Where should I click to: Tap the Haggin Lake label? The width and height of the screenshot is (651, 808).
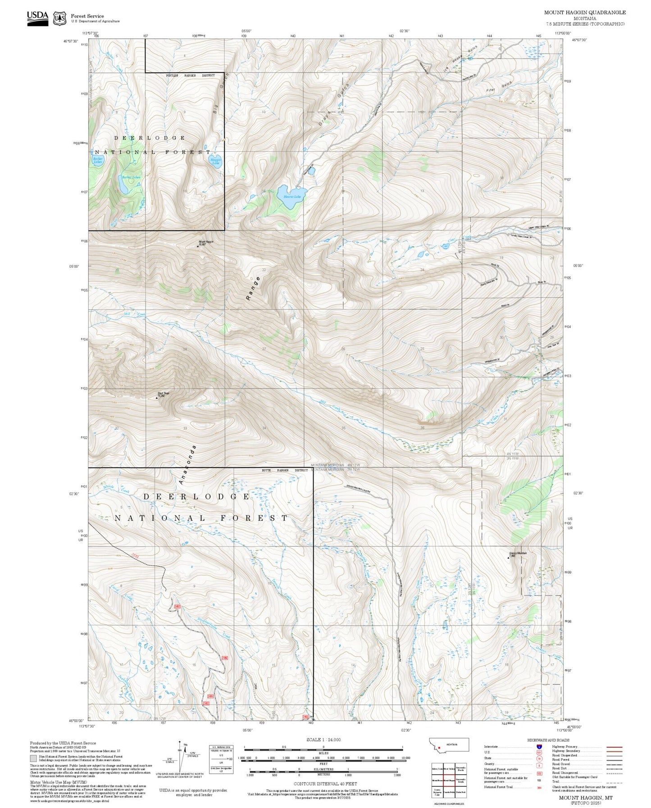coord(215,161)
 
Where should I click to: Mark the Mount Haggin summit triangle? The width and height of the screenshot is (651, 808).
coord(197,246)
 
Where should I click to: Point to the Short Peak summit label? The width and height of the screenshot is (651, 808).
coord(163,394)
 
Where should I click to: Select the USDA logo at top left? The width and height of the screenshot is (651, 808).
coord(37,18)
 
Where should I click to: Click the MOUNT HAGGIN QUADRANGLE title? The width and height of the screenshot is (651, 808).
coord(584,12)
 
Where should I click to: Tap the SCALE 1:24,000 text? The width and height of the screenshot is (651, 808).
coord(323,740)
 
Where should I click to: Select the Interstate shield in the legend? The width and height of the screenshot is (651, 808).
coord(539,747)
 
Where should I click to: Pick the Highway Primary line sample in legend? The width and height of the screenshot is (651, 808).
coord(614,747)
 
